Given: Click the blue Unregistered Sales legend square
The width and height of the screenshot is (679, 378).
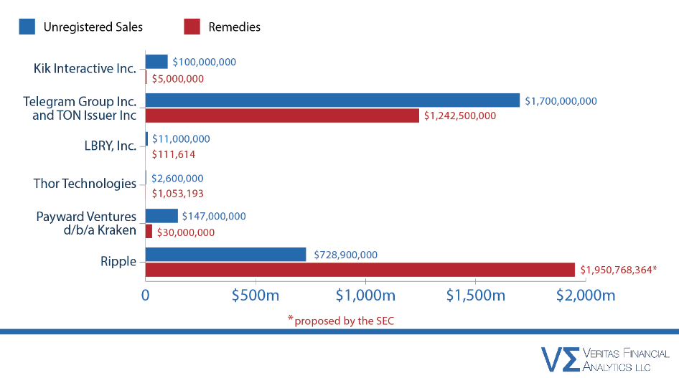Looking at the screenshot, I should pos(27,27).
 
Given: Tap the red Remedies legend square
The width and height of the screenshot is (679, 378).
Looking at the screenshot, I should pos(192,27).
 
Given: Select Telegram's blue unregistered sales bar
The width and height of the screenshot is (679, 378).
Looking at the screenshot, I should pos(332,100).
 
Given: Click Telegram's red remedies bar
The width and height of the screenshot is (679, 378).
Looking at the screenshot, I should pos(282,115).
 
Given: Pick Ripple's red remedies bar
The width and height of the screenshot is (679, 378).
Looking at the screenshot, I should pos(360,270).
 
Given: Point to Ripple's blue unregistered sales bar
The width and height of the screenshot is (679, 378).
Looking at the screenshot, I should pos(225,255).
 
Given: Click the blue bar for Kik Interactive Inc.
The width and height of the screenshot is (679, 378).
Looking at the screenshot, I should pos(156,62).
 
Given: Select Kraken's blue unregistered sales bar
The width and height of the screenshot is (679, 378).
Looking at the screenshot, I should pos(161,216).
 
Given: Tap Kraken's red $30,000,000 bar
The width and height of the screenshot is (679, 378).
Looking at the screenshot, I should pos(149,232).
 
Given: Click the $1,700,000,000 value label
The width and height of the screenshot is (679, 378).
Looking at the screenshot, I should pos(561,101).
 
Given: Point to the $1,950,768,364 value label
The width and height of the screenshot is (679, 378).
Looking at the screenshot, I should pos(619,270).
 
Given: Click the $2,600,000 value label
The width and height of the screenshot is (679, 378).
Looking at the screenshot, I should pos(177,178).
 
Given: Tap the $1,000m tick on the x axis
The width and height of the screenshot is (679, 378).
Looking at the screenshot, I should pos(366,296).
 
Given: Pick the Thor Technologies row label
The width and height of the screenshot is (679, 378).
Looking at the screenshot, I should pos(85,184).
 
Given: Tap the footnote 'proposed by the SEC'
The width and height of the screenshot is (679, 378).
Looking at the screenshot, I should pos(344,321).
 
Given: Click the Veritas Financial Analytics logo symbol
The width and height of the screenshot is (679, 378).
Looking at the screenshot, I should pos(560,358).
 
